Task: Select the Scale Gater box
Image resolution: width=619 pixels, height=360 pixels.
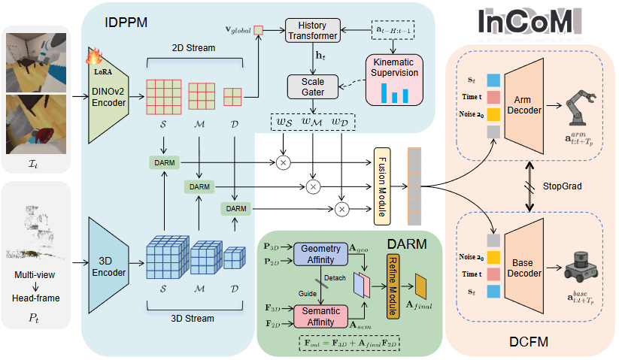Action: coord(311,86)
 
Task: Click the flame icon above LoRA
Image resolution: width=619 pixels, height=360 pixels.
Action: coord(95,56)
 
